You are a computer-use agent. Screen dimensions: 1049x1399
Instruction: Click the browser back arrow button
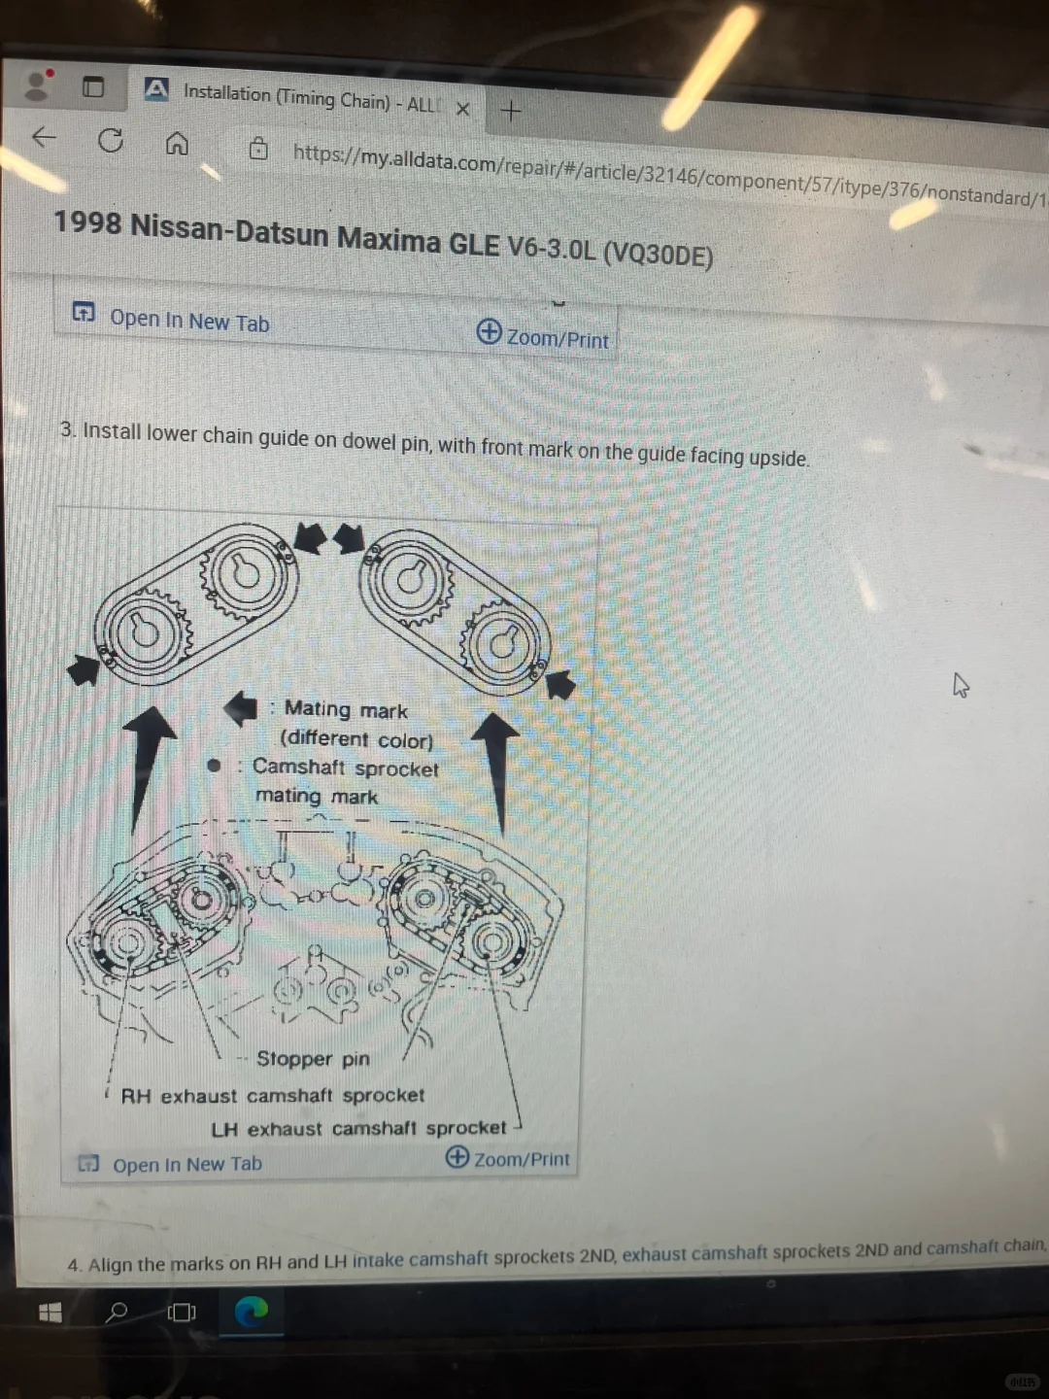click(x=45, y=136)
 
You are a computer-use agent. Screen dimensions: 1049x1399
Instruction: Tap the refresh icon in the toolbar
click(x=111, y=140)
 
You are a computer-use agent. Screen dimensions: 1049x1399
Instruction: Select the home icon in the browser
click(x=177, y=144)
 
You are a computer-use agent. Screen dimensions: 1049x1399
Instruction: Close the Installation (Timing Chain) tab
click(x=463, y=110)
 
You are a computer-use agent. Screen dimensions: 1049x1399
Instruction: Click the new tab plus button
click(x=511, y=112)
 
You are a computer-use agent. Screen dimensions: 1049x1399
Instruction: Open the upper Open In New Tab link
click(x=189, y=322)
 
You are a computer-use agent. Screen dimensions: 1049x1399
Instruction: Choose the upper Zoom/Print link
click(x=558, y=338)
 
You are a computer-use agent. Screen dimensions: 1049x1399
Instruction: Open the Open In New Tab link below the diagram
click(x=187, y=1164)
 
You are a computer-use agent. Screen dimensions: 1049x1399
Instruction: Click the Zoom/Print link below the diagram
click(x=522, y=1159)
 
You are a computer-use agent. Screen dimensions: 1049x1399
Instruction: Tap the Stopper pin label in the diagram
click(x=313, y=1059)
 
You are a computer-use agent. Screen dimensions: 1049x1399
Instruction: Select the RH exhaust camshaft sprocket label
click(x=273, y=1096)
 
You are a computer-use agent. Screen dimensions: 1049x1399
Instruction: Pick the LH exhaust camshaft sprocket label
click(x=358, y=1129)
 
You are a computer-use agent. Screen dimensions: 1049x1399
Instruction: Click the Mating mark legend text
click(x=346, y=709)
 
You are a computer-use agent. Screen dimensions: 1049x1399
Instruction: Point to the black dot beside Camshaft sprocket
click(x=214, y=765)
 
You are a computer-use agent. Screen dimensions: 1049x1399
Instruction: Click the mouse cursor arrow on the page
click(x=960, y=685)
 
